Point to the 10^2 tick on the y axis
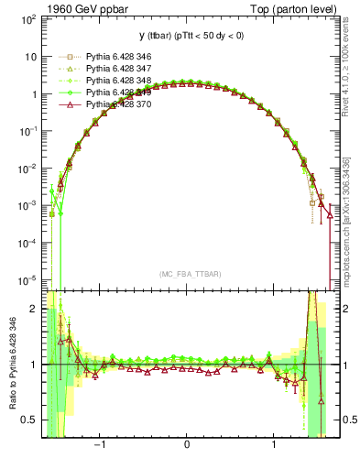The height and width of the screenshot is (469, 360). (x=28, y=19)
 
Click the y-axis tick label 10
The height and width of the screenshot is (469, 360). (x=30, y=57)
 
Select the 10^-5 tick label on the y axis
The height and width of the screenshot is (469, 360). (x=28, y=279)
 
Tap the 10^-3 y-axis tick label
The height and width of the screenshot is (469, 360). (x=28, y=205)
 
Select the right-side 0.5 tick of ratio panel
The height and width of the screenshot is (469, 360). (x=348, y=420)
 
